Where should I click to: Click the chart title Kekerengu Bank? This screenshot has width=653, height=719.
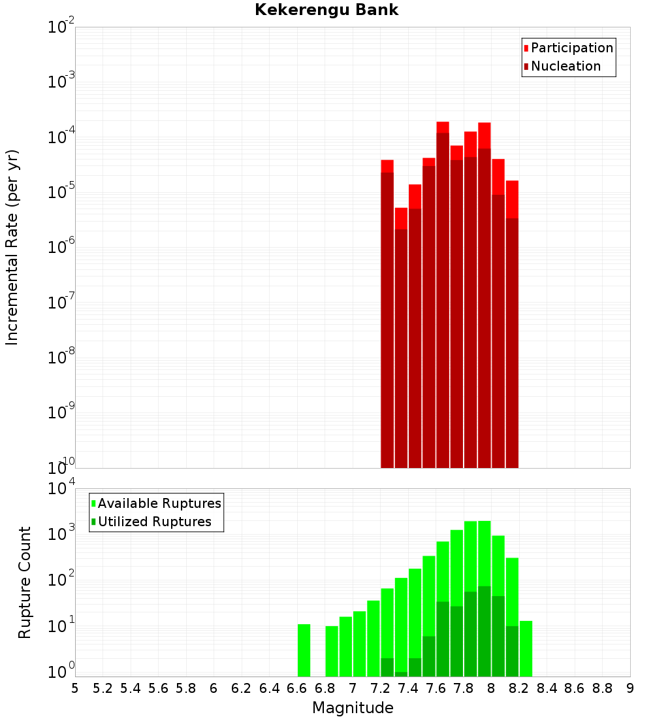(x=326, y=10)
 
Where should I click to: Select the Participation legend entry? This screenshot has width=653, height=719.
(x=572, y=48)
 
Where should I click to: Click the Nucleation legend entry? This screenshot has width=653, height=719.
(x=565, y=66)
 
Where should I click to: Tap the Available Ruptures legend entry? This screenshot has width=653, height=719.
(x=159, y=503)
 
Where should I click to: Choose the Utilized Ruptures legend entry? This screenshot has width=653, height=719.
(x=154, y=522)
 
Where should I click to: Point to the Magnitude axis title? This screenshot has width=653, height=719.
(x=353, y=708)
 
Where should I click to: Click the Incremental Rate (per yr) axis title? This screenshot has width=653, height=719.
(x=12, y=247)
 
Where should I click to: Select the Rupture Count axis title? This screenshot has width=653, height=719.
(x=25, y=582)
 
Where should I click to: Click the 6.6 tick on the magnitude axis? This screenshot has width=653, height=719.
(x=297, y=688)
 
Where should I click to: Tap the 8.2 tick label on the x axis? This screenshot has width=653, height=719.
(x=519, y=688)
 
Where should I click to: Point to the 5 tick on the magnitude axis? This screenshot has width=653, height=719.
(x=75, y=688)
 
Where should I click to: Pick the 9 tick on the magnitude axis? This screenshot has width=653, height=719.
(x=630, y=688)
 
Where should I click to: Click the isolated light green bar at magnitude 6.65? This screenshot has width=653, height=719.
(x=304, y=650)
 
